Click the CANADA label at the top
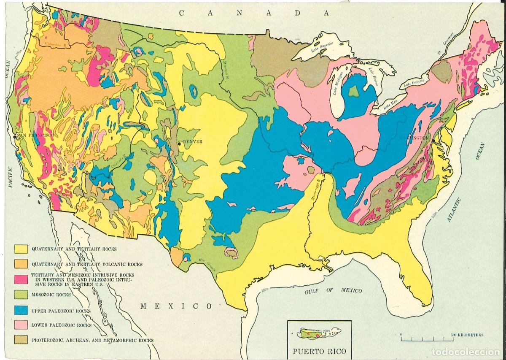tap(253, 13)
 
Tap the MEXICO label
tap(176, 306)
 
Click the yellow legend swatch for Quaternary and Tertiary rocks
tap(21, 249)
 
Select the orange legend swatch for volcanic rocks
tap(21, 264)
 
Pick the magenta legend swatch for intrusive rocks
tap(21, 278)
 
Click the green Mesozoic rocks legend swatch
tap(21, 294)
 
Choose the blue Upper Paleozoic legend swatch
tap(21, 311)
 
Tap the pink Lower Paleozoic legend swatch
tap(21, 325)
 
